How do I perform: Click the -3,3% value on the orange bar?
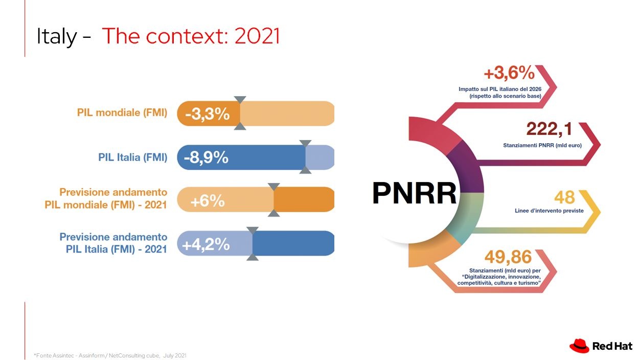(208, 114)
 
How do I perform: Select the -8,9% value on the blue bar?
(206, 157)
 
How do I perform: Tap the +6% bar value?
(208, 201)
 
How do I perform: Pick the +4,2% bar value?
(206, 244)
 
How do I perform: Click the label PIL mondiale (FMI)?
(122, 112)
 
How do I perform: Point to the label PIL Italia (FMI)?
(133, 157)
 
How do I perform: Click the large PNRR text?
(415, 193)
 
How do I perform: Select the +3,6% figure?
(509, 73)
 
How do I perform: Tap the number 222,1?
(549, 129)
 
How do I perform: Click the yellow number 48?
(564, 197)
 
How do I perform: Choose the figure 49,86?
(508, 257)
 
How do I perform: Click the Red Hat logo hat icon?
(579, 346)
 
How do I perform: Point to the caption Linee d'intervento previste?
(549, 211)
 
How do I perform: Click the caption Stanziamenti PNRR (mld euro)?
(542, 145)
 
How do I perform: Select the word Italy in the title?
(57, 36)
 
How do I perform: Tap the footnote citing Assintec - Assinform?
(110, 355)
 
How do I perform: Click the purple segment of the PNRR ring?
(467, 168)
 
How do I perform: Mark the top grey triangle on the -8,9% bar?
(305, 143)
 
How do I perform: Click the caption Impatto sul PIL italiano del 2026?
(500, 89)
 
